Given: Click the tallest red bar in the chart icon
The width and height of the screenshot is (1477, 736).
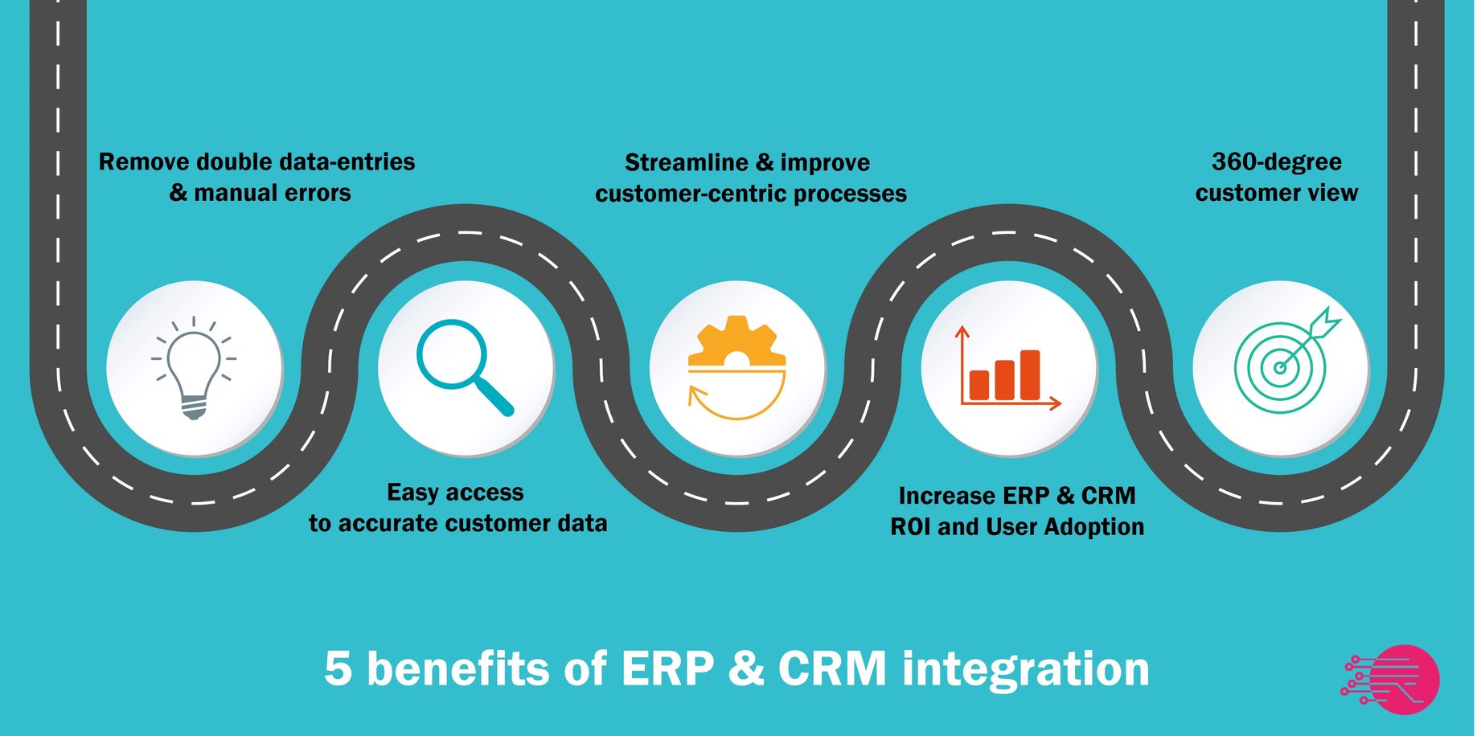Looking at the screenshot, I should (1030, 374).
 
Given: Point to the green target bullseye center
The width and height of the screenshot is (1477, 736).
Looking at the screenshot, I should (1280, 368).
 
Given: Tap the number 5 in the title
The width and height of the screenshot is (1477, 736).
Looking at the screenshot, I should (338, 669).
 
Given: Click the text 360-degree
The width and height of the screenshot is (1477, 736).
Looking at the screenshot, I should (1276, 162).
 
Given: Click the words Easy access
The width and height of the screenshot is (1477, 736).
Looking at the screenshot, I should (455, 493).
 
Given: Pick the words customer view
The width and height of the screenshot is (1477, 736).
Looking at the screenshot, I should (1276, 194).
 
